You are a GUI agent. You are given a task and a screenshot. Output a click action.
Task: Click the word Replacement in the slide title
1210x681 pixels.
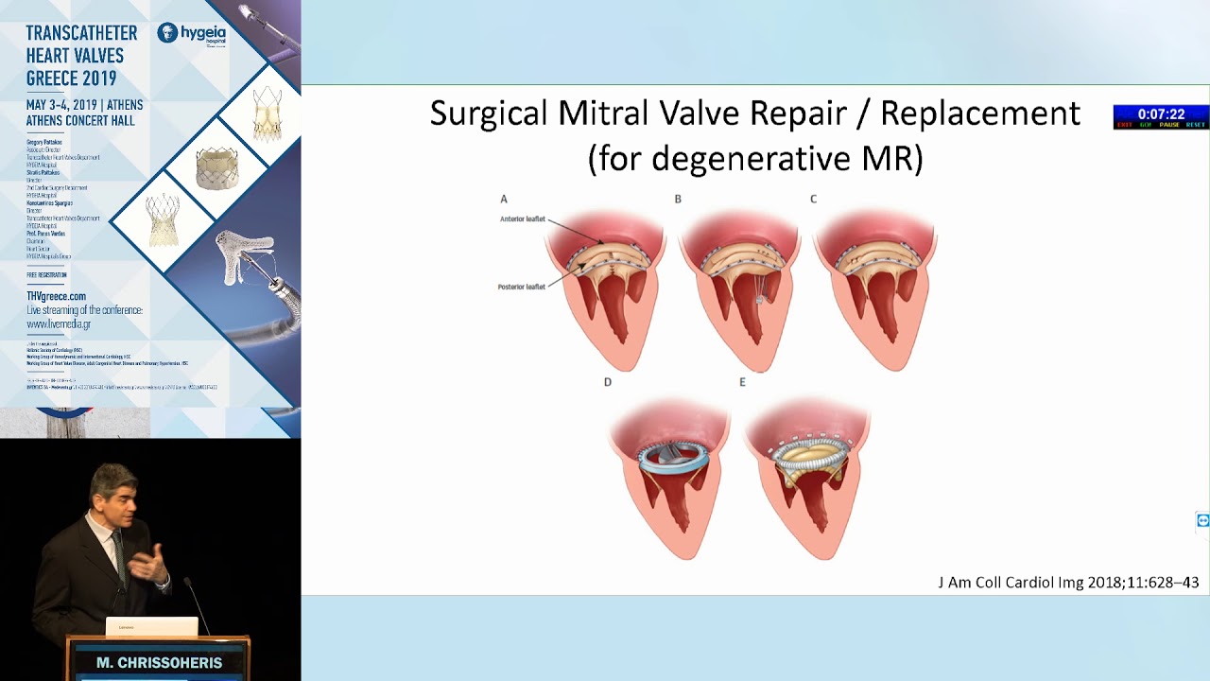[x=979, y=113]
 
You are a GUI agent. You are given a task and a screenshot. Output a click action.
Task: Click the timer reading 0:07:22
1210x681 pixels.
[x=1161, y=113]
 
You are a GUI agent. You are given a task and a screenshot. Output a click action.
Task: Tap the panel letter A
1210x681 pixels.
[x=504, y=199]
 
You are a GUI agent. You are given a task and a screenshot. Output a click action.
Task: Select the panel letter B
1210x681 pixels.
[x=678, y=199]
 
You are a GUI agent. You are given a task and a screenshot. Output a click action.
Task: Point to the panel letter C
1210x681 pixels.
[x=813, y=199]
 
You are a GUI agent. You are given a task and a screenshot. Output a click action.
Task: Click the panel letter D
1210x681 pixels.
[x=608, y=382]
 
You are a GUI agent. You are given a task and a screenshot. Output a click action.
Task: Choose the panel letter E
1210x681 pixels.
[x=742, y=382]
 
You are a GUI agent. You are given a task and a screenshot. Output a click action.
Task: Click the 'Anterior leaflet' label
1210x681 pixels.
[x=523, y=219]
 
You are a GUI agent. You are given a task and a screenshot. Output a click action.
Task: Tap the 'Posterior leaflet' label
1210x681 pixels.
[x=522, y=287]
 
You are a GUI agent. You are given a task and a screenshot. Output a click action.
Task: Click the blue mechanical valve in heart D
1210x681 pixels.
[x=671, y=458]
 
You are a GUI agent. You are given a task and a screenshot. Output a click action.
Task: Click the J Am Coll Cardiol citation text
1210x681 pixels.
[x=1068, y=583]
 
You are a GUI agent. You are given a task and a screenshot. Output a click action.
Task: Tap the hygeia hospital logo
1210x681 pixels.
[x=192, y=34]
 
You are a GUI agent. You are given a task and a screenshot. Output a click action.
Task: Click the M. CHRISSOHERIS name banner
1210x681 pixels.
[x=159, y=663]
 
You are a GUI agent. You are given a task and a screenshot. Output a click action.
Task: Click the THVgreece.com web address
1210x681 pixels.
[x=56, y=296]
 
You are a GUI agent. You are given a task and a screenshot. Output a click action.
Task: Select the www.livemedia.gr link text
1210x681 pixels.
[x=59, y=323]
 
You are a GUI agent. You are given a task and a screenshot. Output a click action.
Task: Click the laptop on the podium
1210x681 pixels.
[x=151, y=626]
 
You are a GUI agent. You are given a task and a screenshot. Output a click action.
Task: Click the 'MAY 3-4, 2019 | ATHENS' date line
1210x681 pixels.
[x=84, y=104]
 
